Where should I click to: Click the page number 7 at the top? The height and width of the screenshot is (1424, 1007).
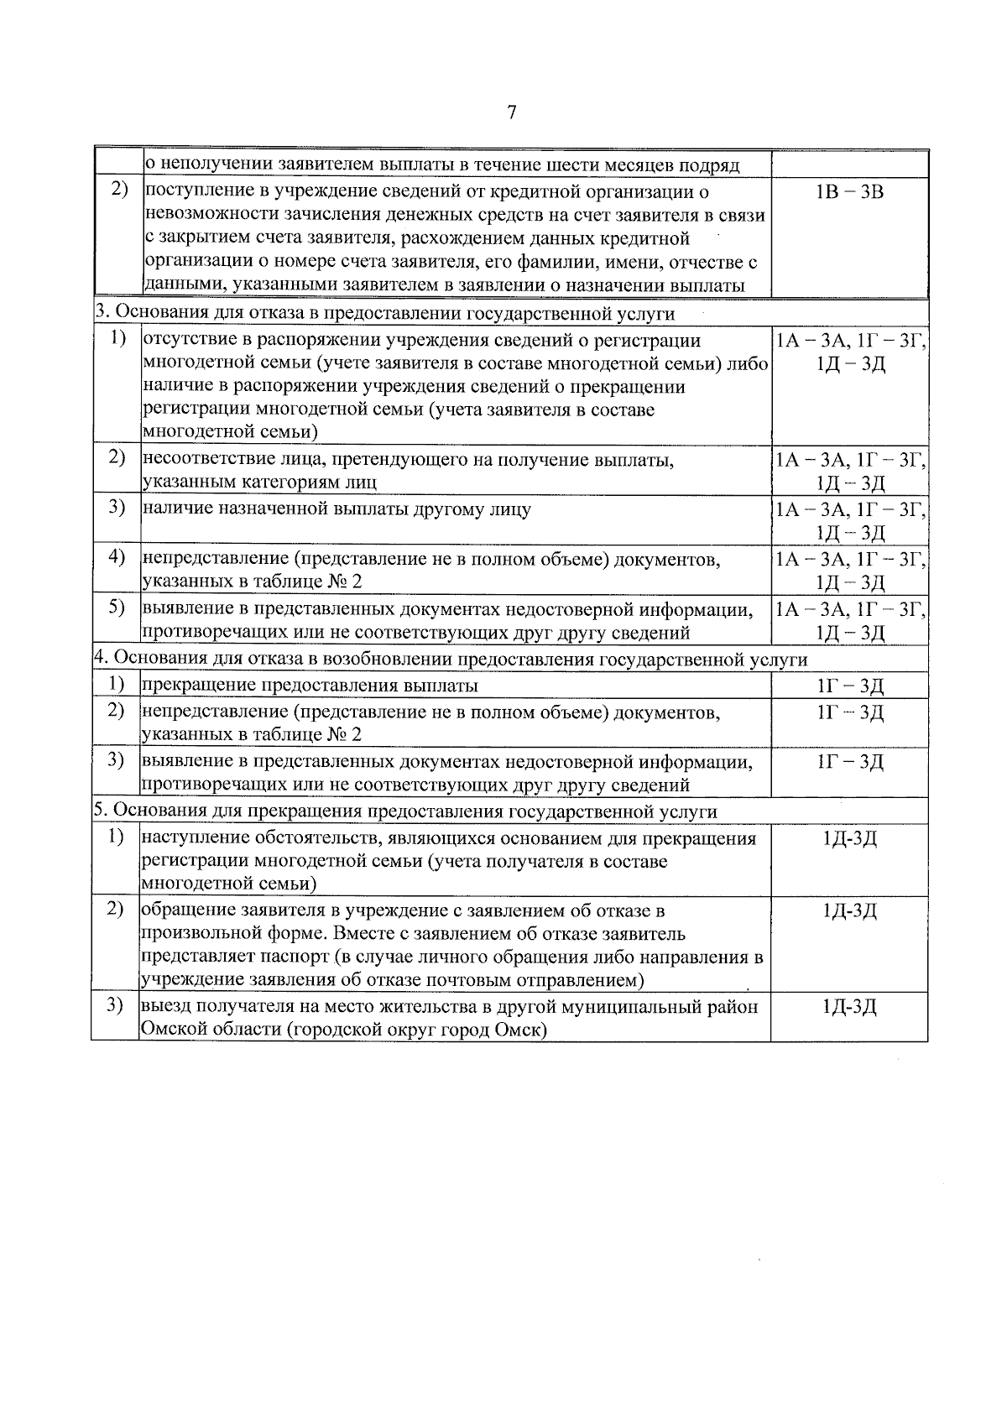pyautogui.click(x=511, y=113)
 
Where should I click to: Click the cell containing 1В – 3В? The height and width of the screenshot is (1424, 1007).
pyautogui.click(x=849, y=192)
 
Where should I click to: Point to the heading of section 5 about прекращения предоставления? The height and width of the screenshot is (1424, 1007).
pyautogui.click(x=404, y=811)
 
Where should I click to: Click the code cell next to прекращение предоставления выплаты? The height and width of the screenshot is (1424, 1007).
pyautogui.click(x=849, y=686)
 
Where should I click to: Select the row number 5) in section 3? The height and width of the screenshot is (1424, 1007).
pyautogui.click(x=117, y=608)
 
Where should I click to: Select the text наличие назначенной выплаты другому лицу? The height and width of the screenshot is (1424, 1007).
pyautogui.click(x=337, y=509)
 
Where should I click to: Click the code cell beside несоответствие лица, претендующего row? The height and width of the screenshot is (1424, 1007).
pyautogui.click(x=849, y=470)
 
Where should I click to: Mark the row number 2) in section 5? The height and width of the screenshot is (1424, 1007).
pyautogui.click(x=117, y=910)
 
